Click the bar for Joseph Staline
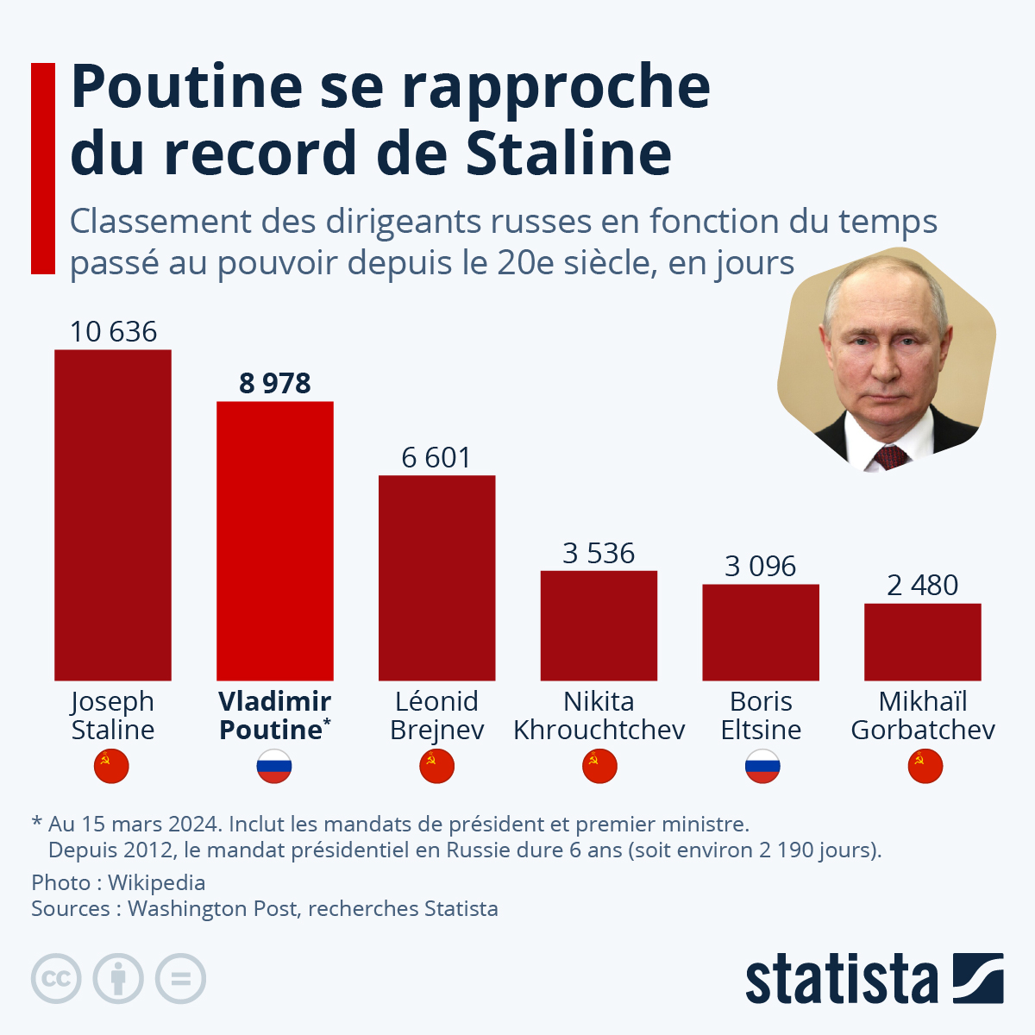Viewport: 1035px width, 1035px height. tap(113, 515)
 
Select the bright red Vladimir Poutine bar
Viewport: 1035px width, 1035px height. tap(275, 541)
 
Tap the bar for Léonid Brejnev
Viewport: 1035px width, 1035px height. tap(437, 578)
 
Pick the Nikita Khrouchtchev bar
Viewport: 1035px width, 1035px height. tap(599, 625)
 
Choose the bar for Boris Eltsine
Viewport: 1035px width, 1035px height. tap(761, 632)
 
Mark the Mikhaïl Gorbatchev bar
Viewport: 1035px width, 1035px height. tap(923, 642)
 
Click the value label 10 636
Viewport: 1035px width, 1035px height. tap(113, 332)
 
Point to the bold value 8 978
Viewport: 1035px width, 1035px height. tap(275, 383)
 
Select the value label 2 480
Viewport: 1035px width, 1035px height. tap(923, 586)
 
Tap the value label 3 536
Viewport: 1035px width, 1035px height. tap(599, 553)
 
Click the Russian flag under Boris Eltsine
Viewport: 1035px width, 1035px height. tap(762, 766)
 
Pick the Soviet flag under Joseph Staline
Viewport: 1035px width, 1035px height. tap(111, 766)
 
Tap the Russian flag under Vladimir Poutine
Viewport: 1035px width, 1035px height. tap(274, 766)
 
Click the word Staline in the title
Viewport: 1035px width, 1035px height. tap(568, 153)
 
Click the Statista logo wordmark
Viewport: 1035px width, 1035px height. tap(841, 979)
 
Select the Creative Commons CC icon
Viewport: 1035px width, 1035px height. tap(56, 979)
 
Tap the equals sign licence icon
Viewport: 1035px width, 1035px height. tap(181, 979)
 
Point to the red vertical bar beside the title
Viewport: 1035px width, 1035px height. tap(43, 168)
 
